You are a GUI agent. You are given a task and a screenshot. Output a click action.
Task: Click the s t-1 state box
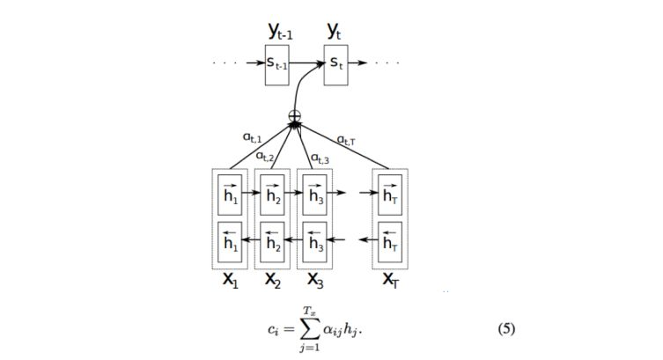coord(276,64)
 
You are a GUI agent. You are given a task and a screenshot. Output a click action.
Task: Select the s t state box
coord(335,64)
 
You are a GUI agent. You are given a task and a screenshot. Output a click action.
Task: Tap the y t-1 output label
coord(279,33)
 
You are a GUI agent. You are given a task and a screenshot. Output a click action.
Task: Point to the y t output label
coord(335,32)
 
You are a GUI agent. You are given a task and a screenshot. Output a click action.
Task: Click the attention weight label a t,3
coord(320,158)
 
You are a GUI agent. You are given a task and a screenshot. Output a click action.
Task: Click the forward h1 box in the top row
coord(231,194)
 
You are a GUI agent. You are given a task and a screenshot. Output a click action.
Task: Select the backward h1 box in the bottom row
coord(231,240)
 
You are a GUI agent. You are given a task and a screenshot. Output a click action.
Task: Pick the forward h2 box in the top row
coord(273,194)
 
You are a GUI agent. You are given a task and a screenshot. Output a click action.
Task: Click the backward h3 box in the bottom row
coord(316,240)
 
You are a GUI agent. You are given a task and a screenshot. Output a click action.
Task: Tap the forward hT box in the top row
coord(390,194)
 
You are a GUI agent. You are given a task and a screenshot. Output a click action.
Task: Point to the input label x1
coord(231,283)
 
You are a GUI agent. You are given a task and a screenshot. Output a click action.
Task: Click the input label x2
coord(273,283)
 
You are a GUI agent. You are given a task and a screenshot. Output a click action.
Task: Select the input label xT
coord(390,283)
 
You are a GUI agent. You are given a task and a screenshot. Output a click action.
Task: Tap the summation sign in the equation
coord(309,330)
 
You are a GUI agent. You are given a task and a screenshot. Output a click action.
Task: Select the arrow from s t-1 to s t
coord(307,64)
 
